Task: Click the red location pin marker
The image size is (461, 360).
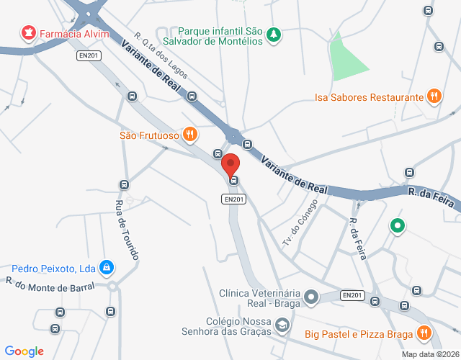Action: (230, 165)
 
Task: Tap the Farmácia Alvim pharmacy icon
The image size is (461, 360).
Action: (29, 33)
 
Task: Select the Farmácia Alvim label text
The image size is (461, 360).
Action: (74, 34)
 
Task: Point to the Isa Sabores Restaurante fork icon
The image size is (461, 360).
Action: (434, 96)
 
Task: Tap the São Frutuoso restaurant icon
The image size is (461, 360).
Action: (189, 133)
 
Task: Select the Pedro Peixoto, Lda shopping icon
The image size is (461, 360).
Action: (107, 268)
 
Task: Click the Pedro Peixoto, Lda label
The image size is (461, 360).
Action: (53, 269)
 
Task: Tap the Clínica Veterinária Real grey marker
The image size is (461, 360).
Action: (311, 296)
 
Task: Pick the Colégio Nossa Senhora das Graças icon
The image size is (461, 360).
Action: (282, 328)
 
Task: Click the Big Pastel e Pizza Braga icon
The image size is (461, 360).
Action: (424, 333)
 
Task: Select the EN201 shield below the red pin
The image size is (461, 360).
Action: (234, 199)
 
